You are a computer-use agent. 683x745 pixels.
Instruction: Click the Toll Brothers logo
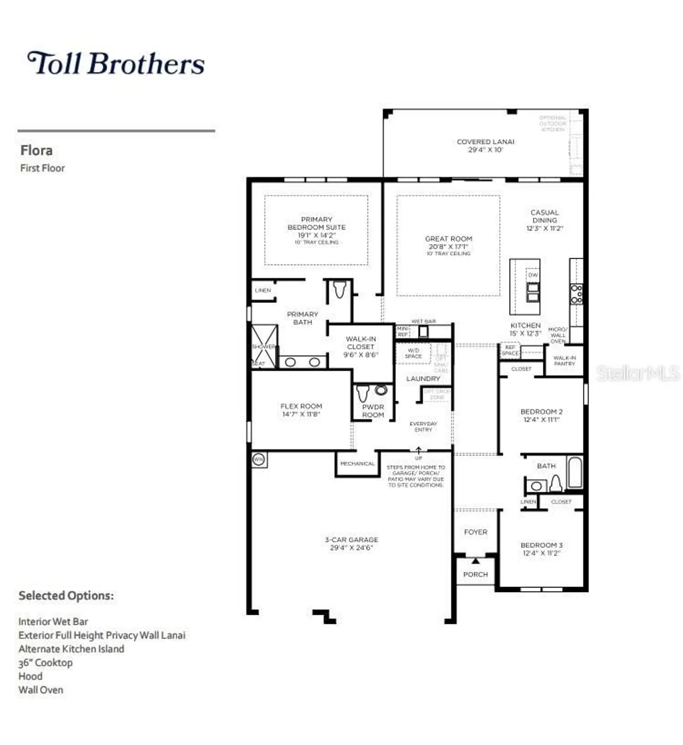116,63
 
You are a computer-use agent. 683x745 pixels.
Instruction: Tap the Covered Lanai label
485,142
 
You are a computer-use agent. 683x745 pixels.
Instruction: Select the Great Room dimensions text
448,246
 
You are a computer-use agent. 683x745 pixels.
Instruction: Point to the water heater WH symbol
258,459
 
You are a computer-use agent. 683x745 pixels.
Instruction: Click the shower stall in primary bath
264,346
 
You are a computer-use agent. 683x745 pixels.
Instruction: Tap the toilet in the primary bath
339,290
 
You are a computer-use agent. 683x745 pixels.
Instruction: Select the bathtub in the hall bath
574,472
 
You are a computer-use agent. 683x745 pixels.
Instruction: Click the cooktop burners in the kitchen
576,294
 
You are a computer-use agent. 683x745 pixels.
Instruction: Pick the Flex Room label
301,406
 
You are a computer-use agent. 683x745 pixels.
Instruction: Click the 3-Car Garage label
351,539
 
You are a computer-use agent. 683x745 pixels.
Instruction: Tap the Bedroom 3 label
541,545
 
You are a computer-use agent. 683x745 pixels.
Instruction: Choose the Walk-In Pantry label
564,361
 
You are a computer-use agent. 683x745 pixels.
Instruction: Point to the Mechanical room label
357,463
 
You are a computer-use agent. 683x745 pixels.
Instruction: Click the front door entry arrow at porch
475,561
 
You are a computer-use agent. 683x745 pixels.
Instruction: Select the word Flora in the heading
36,150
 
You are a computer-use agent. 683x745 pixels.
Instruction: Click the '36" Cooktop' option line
45,663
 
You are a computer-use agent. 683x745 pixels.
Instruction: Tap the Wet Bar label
423,321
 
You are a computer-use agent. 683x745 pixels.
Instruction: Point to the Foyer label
475,532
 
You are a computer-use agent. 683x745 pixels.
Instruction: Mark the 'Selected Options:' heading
66,596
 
